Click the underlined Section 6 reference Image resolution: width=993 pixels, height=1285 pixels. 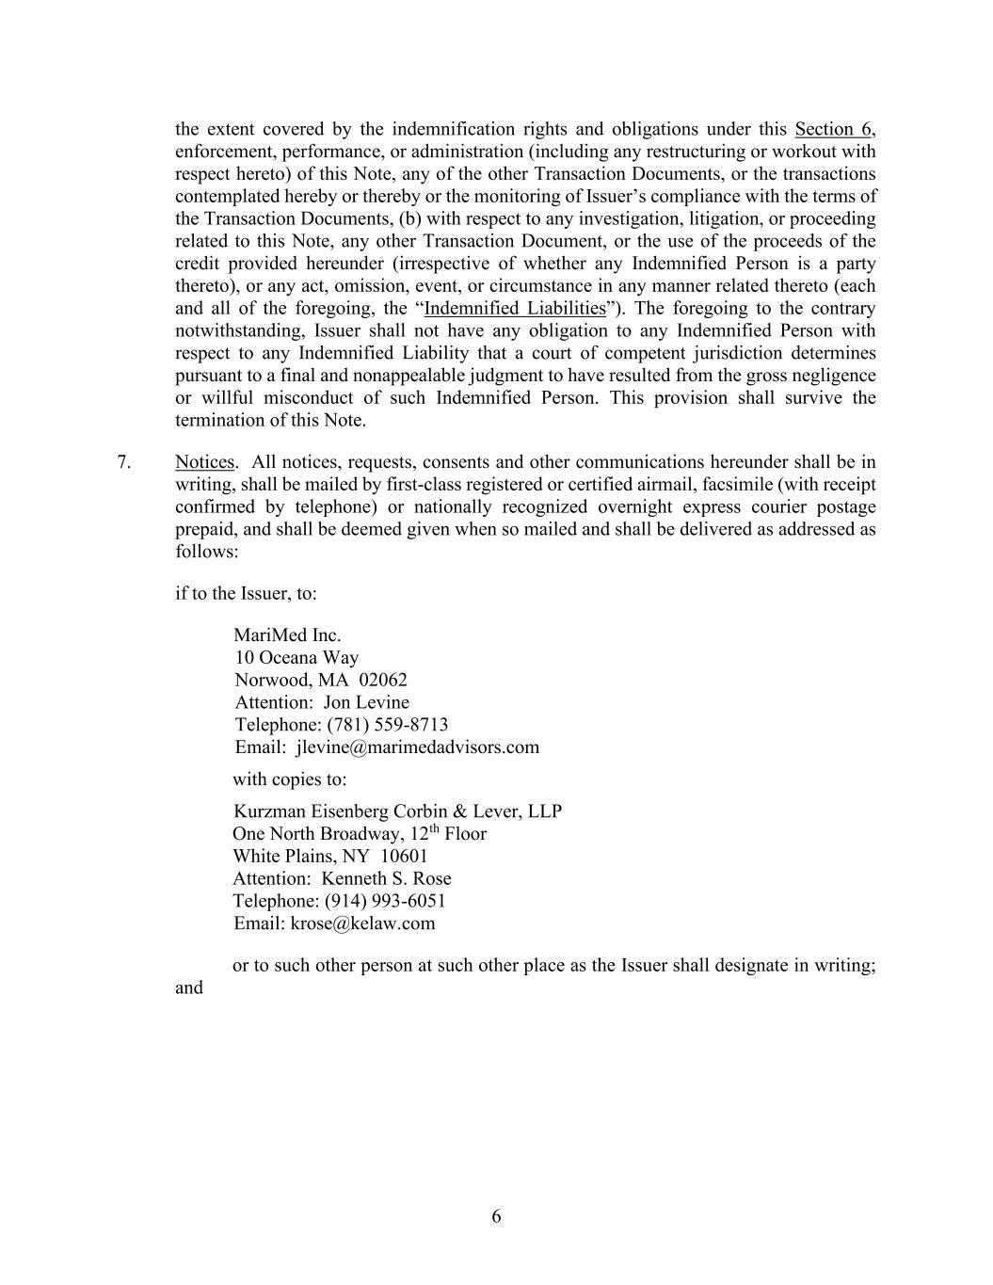834,130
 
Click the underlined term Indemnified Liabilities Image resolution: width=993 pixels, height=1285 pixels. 515,309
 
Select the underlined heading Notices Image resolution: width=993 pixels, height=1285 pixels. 204,462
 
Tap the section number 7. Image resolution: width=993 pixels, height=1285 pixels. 123,462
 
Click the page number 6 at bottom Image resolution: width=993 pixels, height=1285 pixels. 496,1216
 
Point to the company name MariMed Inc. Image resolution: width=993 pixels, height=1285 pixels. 287,635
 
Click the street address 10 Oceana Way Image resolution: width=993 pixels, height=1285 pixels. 296,658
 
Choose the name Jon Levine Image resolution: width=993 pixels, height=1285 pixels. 366,702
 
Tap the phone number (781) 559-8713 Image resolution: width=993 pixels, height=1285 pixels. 388,725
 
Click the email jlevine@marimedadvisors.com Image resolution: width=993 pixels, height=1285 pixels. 417,747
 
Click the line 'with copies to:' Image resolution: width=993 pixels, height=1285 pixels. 289,779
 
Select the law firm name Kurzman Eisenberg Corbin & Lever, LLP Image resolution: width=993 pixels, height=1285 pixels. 397,811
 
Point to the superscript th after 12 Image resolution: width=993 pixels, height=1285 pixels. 435,829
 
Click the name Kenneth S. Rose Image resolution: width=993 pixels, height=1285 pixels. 386,878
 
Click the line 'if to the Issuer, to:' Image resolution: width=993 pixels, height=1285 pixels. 246,594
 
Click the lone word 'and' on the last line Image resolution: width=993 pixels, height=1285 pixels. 188,988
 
